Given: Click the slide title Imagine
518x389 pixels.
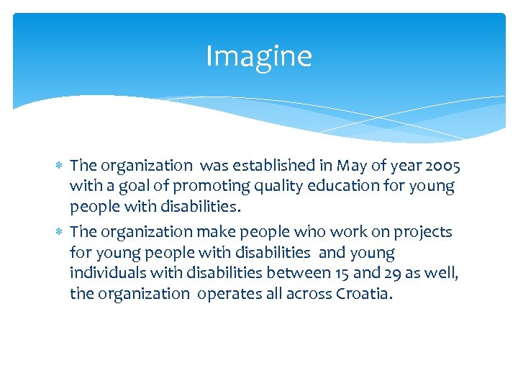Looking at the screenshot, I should click(x=259, y=56).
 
